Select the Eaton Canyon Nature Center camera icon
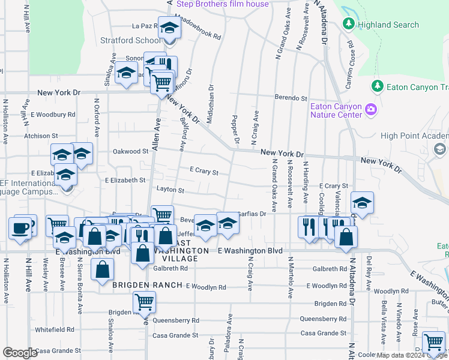click(x=371, y=110)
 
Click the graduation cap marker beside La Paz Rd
click(x=169, y=28)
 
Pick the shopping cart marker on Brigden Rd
click(x=144, y=302)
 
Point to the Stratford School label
click(x=140, y=41)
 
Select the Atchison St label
click(x=41, y=136)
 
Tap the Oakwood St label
click(x=130, y=152)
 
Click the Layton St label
click(x=170, y=190)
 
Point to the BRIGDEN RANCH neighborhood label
click(x=147, y=285)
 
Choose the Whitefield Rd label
click(x=54, y=329)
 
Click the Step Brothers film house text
click(x=218, y=4)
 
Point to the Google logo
click(x=20, y=353)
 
